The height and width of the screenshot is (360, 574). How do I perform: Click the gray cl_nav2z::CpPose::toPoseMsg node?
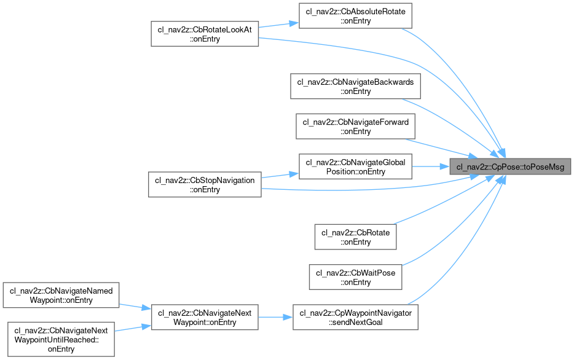510,166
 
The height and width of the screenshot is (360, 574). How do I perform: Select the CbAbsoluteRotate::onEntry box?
355,15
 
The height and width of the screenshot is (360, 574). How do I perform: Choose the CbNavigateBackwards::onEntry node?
355,87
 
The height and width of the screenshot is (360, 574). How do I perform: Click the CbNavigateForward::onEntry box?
355,127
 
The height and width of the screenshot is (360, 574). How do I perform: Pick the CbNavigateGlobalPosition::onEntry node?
355,166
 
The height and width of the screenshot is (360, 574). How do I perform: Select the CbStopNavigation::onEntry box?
205,184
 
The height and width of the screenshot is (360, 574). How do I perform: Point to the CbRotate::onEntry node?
355,237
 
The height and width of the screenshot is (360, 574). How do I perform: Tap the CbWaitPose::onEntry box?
355,277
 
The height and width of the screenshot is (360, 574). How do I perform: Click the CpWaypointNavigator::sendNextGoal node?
355,317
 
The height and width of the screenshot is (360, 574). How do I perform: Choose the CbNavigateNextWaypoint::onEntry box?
205,317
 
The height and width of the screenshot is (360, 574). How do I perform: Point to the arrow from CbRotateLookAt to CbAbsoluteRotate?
277,25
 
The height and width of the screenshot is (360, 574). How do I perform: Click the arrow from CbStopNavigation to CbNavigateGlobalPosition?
280,176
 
